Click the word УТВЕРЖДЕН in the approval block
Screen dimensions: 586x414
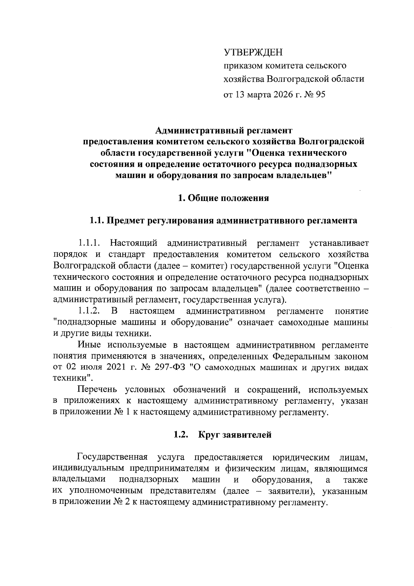tap(253, 52)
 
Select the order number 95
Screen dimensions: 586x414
tap(320, 94)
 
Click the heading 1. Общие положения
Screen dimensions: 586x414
tap(223, 198)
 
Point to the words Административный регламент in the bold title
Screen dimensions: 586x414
tap(224, 131)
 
